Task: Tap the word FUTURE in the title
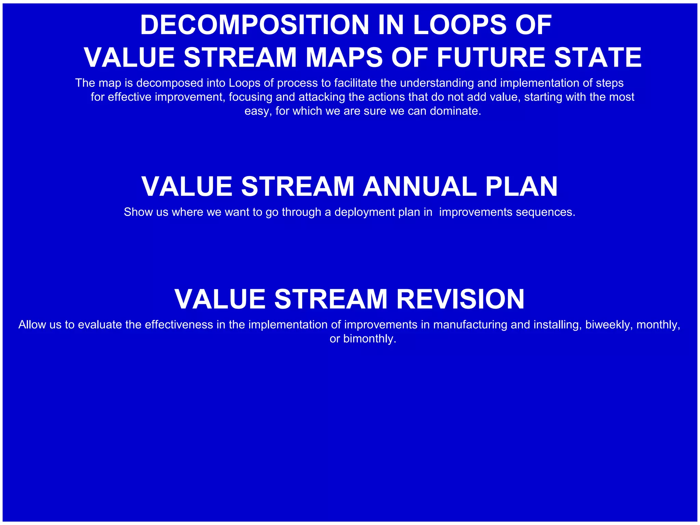click(491, 57)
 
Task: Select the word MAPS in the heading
click(344, 57)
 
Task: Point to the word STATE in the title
click(598, 57)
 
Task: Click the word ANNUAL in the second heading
click(419, 186)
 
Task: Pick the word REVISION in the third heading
click(460, 299)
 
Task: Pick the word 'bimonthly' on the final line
click(369, 339)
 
